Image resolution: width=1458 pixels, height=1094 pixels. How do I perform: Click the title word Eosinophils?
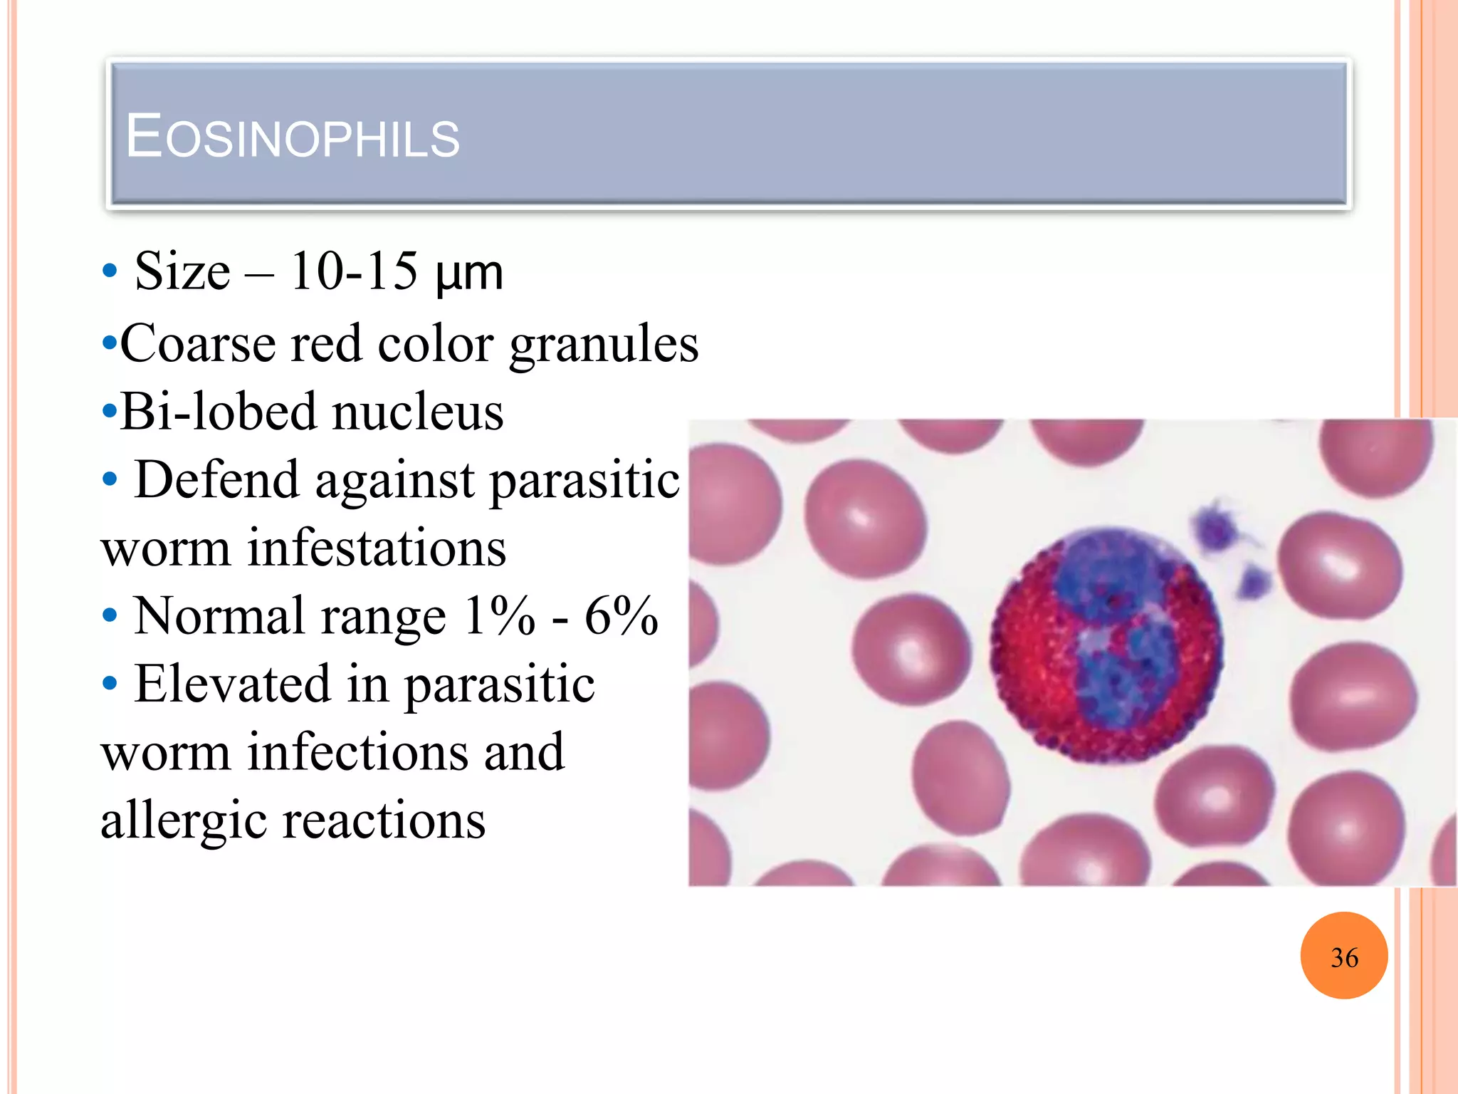point(293,136)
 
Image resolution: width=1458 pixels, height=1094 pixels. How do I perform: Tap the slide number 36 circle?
point(1343,957)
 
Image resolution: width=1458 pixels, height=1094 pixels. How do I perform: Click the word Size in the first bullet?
point(182,271)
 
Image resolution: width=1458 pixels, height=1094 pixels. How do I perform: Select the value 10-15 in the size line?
point(354,271)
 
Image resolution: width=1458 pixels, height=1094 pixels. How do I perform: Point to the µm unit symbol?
point(468,274)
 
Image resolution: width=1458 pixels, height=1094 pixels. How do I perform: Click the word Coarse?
point(197,344)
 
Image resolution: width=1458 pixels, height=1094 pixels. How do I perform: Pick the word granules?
point(604,345)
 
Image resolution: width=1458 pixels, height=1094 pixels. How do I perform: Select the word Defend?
point(216,479)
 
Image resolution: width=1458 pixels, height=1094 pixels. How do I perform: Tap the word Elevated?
point(232,684)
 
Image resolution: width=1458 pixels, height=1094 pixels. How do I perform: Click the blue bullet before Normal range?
point(109,615)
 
